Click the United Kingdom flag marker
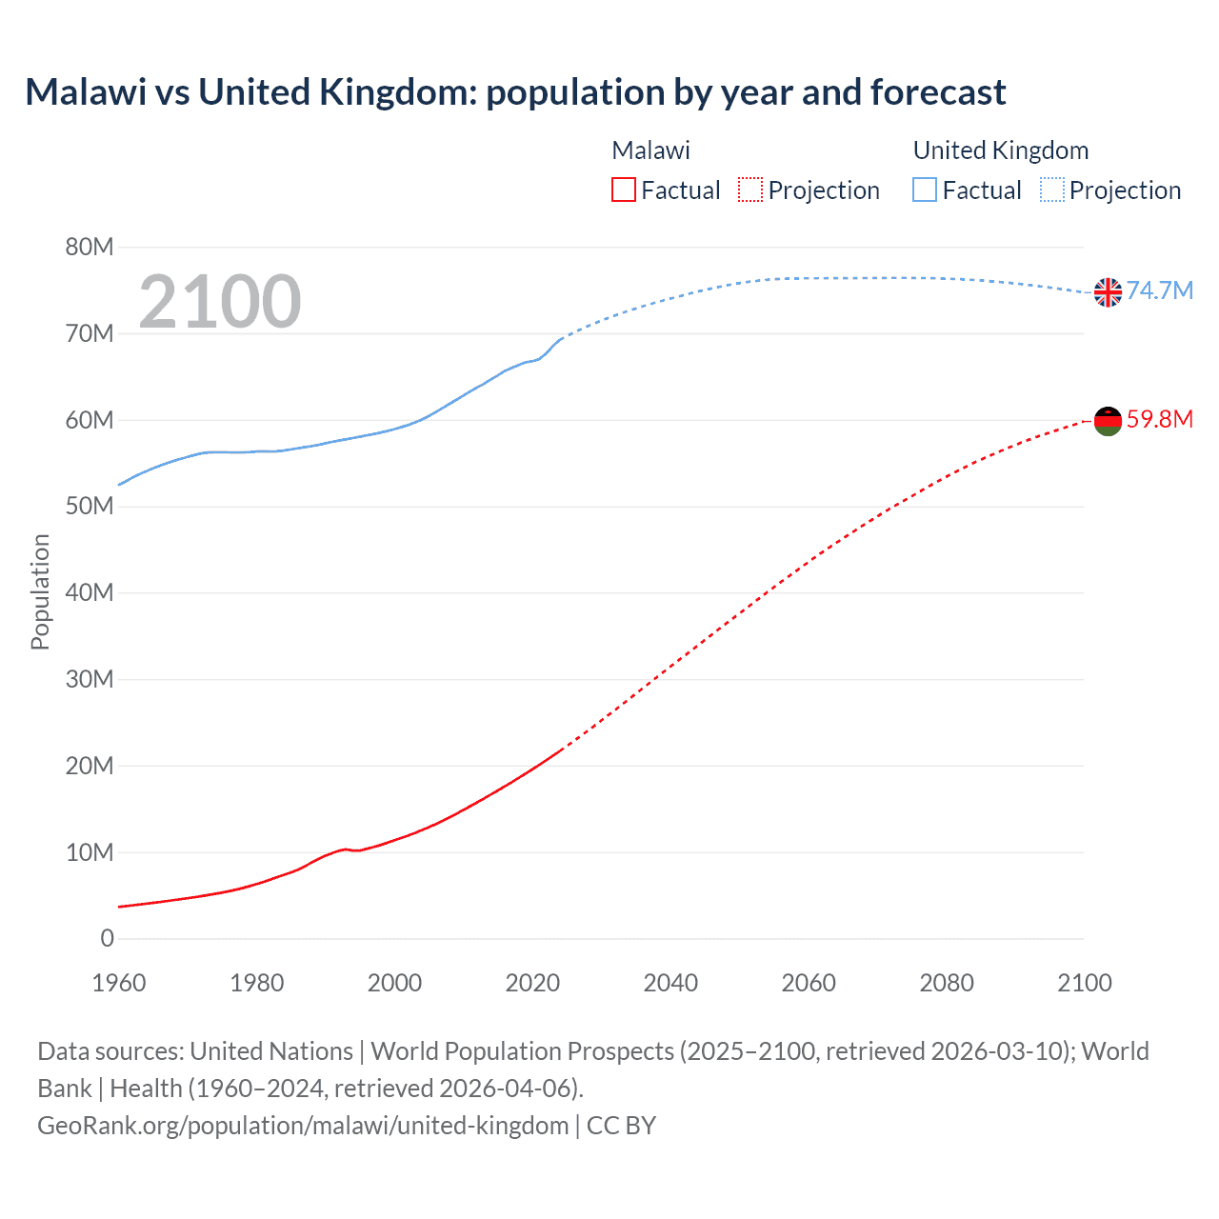coord(1108,292)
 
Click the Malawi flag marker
coord(1108,421)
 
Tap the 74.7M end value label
coord(1159,290)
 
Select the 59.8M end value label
coord(1159,419)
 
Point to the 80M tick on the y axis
coord(90,248)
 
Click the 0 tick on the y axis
coord(108,939)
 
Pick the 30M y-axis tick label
coord(90,680)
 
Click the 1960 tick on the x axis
coord(119,983)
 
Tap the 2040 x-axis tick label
coord(670,983)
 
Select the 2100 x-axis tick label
coord(1084,983)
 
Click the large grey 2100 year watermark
coord(220,302)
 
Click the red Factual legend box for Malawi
coord(624,190)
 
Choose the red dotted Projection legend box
coord(750,190)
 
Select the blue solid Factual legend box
coord(925,190)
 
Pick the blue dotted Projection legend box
coord(1051,190)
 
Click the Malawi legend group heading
coord(650,150)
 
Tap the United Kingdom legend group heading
coord(1000,150)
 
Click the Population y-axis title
coord(40,591)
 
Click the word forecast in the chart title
coord(937,92)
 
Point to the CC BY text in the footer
coord(621,1126)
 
